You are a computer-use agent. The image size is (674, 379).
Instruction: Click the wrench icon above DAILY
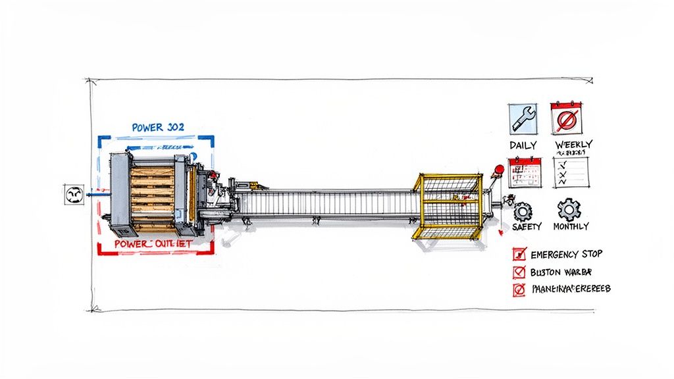523,120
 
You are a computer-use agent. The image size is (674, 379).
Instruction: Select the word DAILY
523,145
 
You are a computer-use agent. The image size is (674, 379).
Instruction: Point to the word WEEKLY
573,144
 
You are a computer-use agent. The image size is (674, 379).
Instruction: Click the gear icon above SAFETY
523,211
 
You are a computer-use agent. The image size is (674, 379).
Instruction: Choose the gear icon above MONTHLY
569,210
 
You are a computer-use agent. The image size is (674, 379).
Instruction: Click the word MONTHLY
571,226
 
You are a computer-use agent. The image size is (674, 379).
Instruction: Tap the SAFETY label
526,226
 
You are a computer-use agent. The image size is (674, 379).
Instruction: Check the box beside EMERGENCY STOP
519,254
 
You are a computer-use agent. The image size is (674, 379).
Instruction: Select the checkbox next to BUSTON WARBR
519,272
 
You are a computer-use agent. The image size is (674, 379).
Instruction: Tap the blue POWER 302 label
158,127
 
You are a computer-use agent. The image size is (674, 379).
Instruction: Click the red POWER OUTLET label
153,243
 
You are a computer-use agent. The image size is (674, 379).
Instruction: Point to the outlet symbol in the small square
74,194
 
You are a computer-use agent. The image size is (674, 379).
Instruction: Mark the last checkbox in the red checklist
519,289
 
